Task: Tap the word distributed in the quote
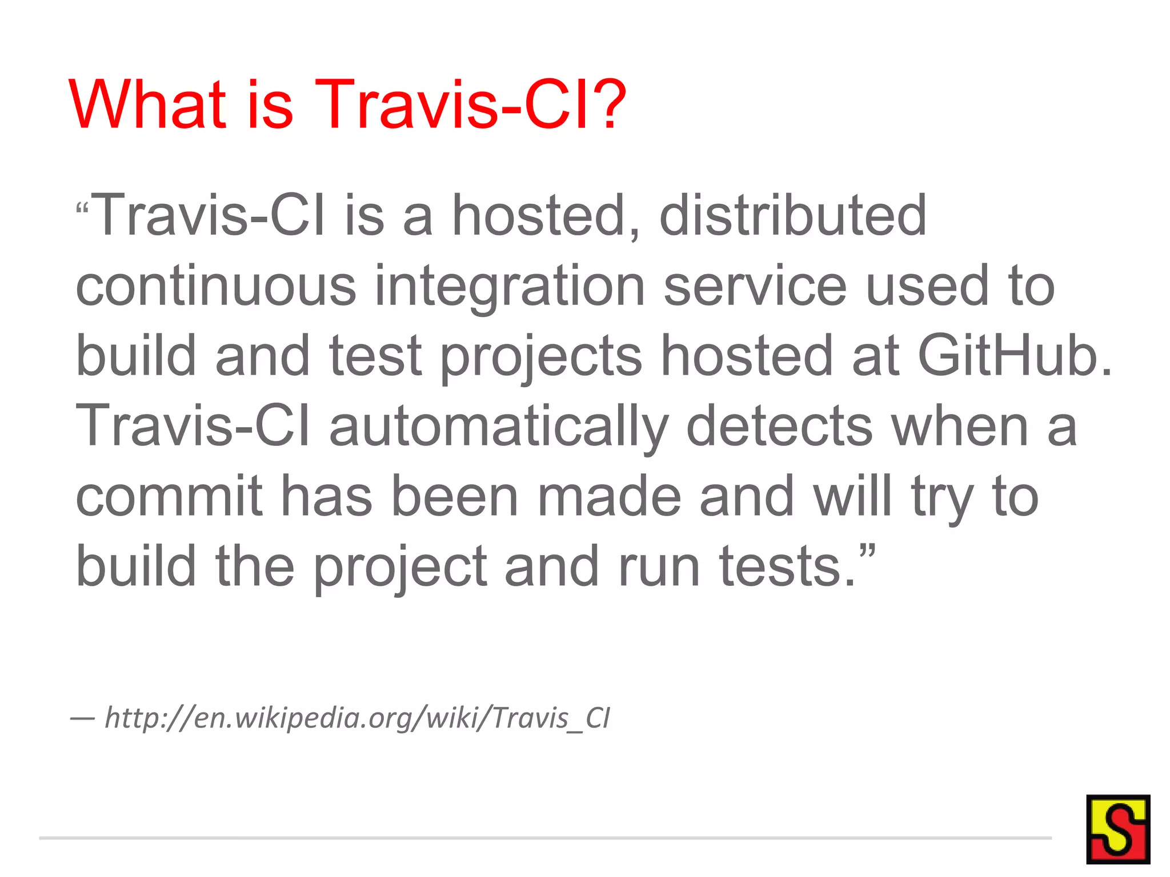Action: click(792, 215)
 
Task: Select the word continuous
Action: click(216, 286)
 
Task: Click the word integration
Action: click(510, 287)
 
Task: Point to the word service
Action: click(754, 286)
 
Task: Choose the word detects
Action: click(779, 426)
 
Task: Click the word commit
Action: click(169, 496)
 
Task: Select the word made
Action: click(609, 496)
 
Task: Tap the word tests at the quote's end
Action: click(787, 566)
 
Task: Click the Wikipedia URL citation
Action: click(357, 718)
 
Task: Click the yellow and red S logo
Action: click(1117, 829)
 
